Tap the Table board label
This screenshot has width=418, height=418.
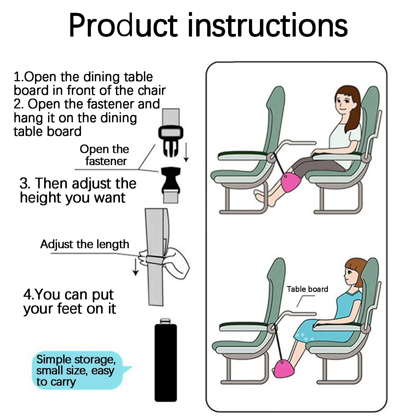(x=307, y=289)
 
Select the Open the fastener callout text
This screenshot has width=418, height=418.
(x=104, y=155)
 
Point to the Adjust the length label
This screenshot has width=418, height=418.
(x=85, y=244)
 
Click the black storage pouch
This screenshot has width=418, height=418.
(x=166, y=361)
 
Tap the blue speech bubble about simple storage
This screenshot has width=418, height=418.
(x=78, y=370)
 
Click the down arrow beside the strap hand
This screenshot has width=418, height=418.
(x=135, y=266)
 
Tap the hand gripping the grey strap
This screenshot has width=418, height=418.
(x=167, y=261)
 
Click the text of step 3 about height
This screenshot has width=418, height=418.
(x=78, y=190)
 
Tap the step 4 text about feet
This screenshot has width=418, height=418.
(x=69, y=302)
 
